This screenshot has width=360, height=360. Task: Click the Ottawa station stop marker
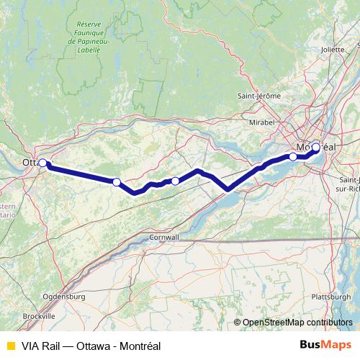tap(43, 163)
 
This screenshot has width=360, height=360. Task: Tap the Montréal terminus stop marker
tap(315, 148)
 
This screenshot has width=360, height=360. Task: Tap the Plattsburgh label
tap(330, 297)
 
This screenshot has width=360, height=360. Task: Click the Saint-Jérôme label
tap(258, 96)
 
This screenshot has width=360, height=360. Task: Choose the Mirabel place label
tap(262, 123)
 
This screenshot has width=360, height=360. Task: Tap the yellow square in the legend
tap(10, 346)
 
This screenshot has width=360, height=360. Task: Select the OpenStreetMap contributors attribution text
tap(297, 323)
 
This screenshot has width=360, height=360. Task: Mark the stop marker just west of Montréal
tap(293, 156)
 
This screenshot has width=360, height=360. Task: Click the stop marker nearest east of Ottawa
tap(117, 181)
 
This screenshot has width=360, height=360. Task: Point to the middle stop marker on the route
tap(175, 181)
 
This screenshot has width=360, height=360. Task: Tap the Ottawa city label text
tap(31, 163)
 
